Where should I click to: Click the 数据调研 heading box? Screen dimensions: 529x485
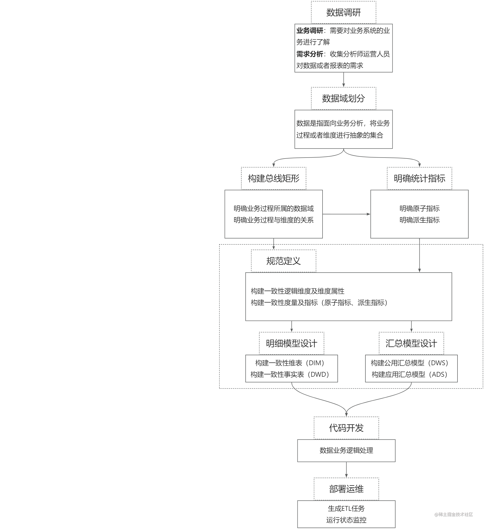pos(343,12)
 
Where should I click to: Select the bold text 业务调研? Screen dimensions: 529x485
pos(310,31)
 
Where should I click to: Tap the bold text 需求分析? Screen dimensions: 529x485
pos(310,54)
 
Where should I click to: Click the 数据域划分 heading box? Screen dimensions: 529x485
pos(343,98)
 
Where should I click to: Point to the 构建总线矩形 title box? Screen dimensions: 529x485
pos(273,179)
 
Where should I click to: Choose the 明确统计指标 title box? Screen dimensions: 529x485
pos(419,179)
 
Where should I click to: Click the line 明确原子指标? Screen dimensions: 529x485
pos(419,209)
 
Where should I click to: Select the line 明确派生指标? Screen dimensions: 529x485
pos(419,220)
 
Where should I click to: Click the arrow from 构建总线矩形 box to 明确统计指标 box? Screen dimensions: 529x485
pos(346,214)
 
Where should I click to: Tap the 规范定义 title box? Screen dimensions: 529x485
pos(284,261)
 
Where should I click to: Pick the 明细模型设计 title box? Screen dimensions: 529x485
pos(291,344)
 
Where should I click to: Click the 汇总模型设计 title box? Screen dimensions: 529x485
pos(411,344)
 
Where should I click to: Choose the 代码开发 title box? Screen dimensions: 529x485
pos(346,428)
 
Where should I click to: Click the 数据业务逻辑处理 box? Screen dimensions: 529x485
pos(346,450)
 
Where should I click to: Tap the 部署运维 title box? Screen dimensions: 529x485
pos(346,489)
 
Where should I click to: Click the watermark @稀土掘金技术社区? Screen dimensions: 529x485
pos(453,515)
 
